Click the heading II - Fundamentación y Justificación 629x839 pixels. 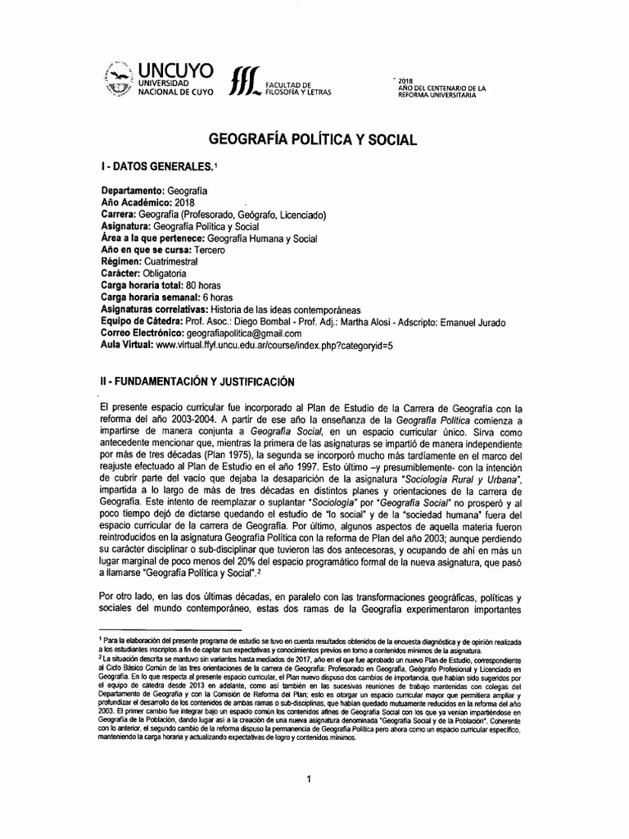pos(192,382)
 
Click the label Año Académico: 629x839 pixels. pos(136,203)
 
